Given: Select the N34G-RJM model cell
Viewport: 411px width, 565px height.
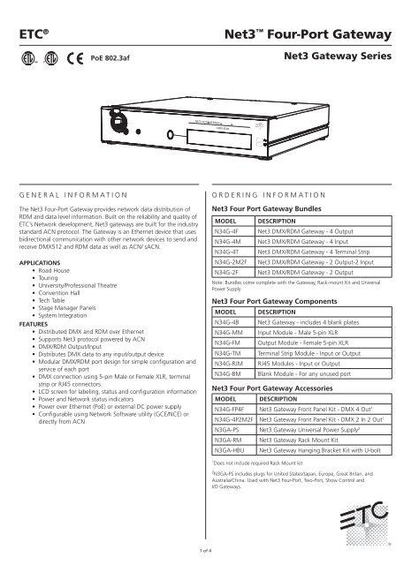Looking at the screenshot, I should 232,362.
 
